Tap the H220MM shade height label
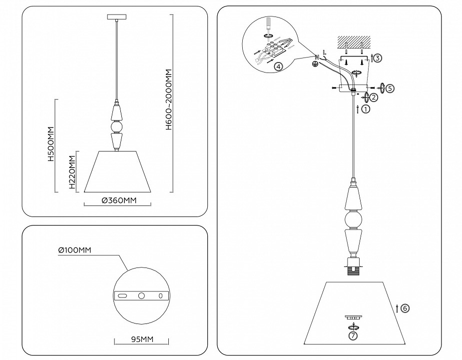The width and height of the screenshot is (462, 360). [72, 172]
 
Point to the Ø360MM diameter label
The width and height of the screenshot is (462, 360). [118, 201]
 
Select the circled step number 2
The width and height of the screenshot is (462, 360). [374, 97]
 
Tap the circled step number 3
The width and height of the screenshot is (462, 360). [378, 58]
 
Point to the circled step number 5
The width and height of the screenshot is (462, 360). [390, 88]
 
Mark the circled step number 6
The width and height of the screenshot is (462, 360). [405, 308]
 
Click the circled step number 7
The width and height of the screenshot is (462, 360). [354, 336]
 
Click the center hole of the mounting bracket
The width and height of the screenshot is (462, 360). [141, 296]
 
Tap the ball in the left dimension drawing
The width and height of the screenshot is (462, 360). [116, 128]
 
